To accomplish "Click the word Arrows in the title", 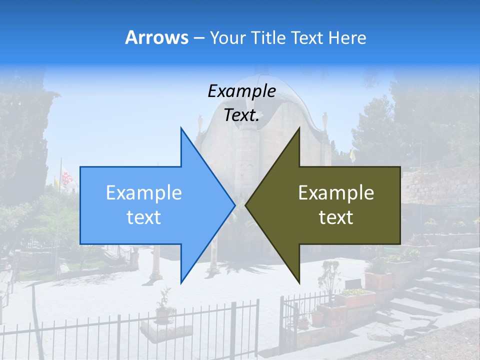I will click(156, 37).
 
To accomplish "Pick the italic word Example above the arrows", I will click(241, 91).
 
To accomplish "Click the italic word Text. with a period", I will click(241, 115).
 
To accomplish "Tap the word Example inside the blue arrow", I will click(144, 193).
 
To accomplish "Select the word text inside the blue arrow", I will click(144, 217).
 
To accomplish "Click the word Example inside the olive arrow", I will click(336, 193).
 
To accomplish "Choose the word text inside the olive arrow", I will click(336, 217).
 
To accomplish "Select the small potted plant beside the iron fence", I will click(163, 307).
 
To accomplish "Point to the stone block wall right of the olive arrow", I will click(440, 185).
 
